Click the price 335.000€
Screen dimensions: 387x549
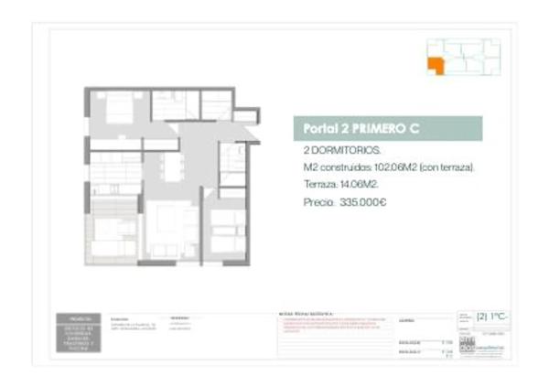pos(363,202)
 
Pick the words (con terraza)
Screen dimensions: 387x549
pos(447,168)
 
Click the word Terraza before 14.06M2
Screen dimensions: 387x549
pos(319,185)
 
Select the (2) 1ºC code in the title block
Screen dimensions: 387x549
pos(491,317)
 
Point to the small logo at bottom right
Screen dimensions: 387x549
pos(468,349)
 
